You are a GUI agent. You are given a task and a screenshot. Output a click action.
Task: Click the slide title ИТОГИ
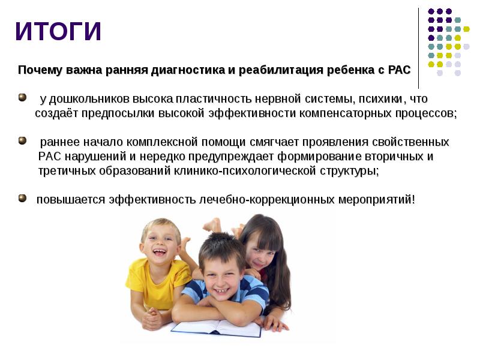point(58,31)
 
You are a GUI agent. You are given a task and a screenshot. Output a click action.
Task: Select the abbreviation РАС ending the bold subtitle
point(399,70)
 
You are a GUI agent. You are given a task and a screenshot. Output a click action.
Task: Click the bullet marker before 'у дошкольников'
point(22,98)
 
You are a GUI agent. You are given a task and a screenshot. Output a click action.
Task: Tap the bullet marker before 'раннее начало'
point(22,141)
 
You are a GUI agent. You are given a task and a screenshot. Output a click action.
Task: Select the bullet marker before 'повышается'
point(22,198)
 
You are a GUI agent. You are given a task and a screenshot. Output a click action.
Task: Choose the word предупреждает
point(231,157)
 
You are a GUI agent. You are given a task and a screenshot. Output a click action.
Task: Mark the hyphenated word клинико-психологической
point(245,171)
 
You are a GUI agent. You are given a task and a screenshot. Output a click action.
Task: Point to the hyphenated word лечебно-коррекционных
point(266,200)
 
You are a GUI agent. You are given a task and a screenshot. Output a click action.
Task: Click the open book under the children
point(216,328)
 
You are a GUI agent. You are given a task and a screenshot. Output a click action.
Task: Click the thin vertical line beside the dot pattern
point(418,49)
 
